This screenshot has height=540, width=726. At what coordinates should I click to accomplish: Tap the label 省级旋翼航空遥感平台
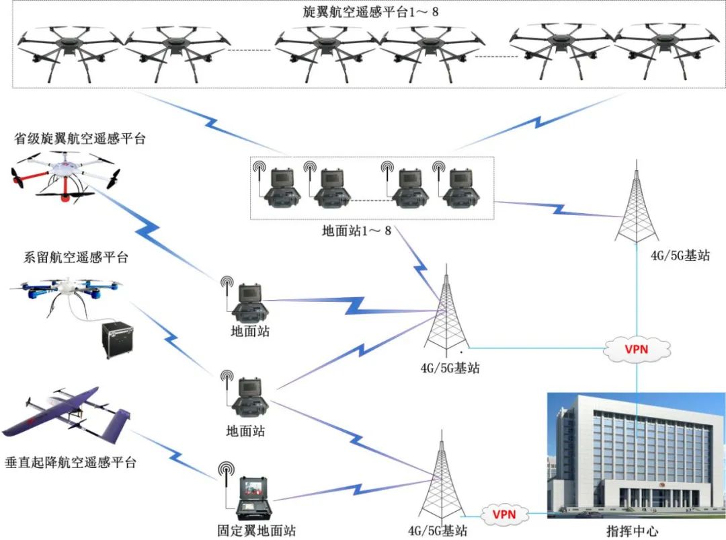(79, 139)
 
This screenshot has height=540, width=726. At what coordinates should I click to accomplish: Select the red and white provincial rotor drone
(65, 173)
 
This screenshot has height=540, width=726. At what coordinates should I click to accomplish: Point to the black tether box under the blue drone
(116, 340)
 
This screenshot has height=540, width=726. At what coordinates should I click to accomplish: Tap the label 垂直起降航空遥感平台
(71, 463)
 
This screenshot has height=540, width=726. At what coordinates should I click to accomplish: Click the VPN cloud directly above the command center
(637, 348)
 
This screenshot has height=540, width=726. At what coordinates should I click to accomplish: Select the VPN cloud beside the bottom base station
(504, 514)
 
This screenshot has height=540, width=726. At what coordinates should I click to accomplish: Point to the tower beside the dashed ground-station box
(636, 205)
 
